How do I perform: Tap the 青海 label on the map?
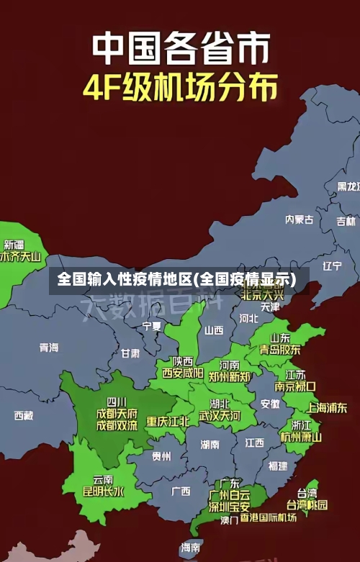[49, 348]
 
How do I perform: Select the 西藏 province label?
[24, 415]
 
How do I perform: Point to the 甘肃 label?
[130, 353]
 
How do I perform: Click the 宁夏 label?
[152, 326]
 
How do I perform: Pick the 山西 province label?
[214, 331]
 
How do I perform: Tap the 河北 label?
[248, 317]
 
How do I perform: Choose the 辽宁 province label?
[332, 266]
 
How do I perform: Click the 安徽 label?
[270, 404]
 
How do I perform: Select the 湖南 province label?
[210, 445]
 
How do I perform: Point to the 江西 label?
[254, 442]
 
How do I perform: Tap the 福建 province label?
[278, 466]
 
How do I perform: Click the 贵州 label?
[161, 456]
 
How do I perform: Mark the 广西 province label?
[181, 491]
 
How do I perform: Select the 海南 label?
[191, 548]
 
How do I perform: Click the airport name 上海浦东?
[327, 407]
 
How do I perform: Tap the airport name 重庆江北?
[168, 421]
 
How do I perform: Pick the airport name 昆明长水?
[103, 492]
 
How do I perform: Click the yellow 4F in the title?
[106, 88]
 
